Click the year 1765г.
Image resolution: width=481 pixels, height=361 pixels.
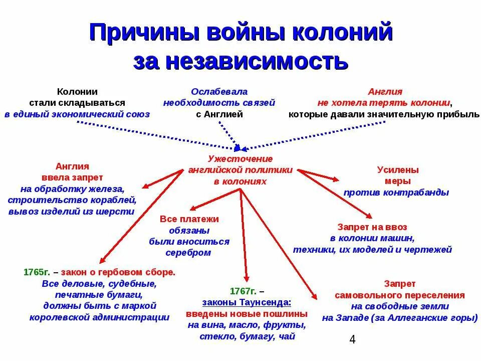pyautogui.click(x=36, y=272)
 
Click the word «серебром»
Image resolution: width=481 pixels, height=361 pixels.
pyautogui.click(x=188, y=253)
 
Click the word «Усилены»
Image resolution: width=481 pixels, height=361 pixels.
pyautogui.click(x=398, y=169)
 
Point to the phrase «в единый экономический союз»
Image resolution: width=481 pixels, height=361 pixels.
pyautogui.click(x=77, y=114)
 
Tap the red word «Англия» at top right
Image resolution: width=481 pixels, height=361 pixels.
pyautogui.click(x=385, y=92)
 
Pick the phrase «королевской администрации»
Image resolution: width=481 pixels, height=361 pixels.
pyautogui.click(x=99, y=317)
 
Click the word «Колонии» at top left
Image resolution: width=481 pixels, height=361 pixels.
pyautogui.click(x=77, y=92)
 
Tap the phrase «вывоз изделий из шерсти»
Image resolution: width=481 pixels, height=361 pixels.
pyautogui.click(x=71, y=212)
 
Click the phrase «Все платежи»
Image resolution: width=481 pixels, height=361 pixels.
pyautogui.click(x=189, y=219)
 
